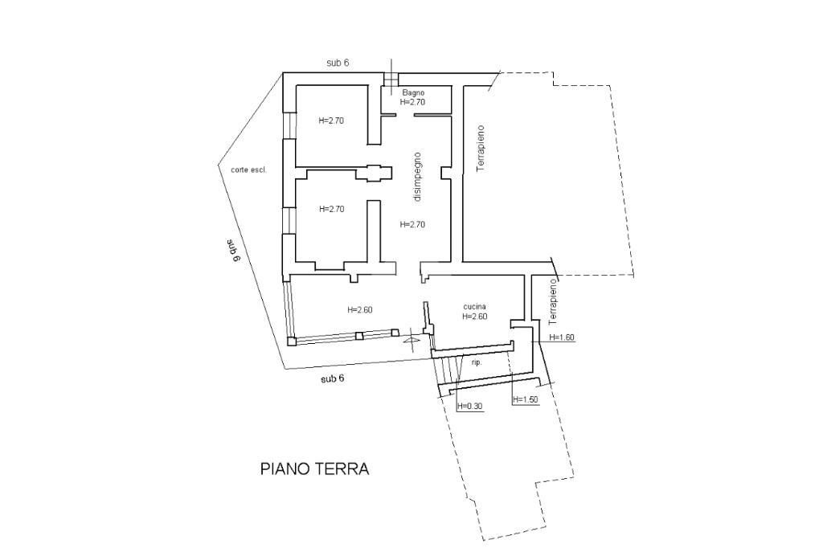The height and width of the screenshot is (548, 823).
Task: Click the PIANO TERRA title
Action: coord(314,468)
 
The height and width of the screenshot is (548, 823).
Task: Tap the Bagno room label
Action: coord(413,93)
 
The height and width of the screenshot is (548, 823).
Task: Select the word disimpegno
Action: coord(417,177)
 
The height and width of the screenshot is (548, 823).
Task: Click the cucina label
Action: coord(474,307)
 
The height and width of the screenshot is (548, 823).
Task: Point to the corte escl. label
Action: coord(249,170)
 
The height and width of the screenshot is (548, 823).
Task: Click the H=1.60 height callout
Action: coord(561,337)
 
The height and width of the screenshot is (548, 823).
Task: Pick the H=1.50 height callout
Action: coord(526,399)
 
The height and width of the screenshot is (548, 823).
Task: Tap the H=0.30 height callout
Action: coord(469,406)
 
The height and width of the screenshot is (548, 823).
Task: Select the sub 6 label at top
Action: coord(338,63)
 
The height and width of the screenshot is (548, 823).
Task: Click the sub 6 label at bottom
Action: coord(332,378)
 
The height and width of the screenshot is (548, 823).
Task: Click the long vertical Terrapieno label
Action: coord(480,149)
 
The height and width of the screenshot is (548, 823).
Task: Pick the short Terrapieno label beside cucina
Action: coord(551,301)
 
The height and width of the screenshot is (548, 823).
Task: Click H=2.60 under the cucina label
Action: coord(474,317)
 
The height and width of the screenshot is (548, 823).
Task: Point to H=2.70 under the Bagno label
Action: coord(412,102)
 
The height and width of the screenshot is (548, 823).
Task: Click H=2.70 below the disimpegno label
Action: coord(412,225)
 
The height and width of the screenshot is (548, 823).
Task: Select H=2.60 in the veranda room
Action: coord(360,309)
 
